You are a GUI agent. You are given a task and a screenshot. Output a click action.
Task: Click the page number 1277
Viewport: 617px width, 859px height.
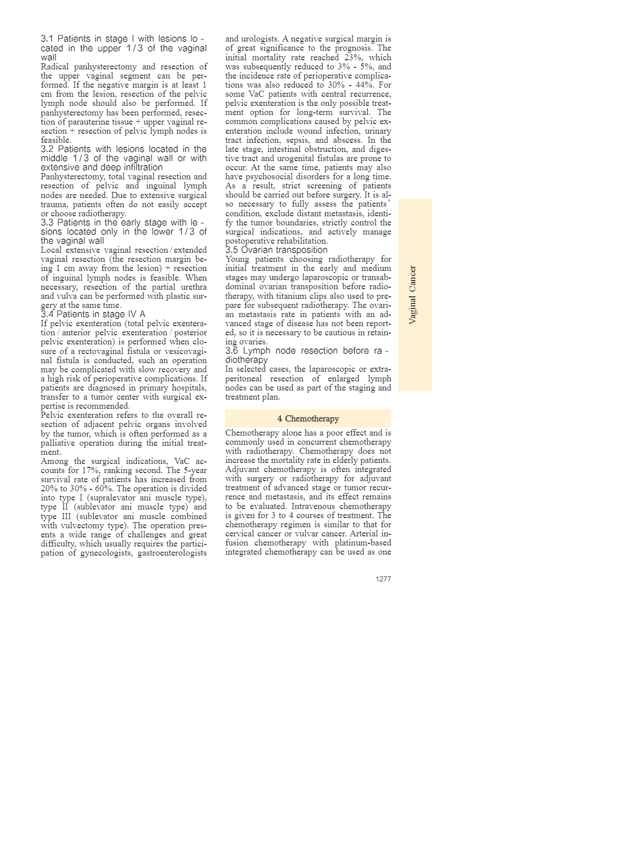[383, 579]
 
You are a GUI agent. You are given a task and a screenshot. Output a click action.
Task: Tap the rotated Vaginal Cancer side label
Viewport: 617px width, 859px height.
[413, 295]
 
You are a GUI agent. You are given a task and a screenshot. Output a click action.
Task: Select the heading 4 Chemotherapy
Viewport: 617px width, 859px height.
[308, 418]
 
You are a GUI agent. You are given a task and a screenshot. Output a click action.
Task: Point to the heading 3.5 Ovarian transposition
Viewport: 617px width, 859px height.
[277, 250]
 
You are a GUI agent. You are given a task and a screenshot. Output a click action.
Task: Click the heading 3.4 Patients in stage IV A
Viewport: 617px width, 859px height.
[93, 314]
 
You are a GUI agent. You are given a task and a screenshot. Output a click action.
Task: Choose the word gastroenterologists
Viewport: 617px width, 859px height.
[172, 553]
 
